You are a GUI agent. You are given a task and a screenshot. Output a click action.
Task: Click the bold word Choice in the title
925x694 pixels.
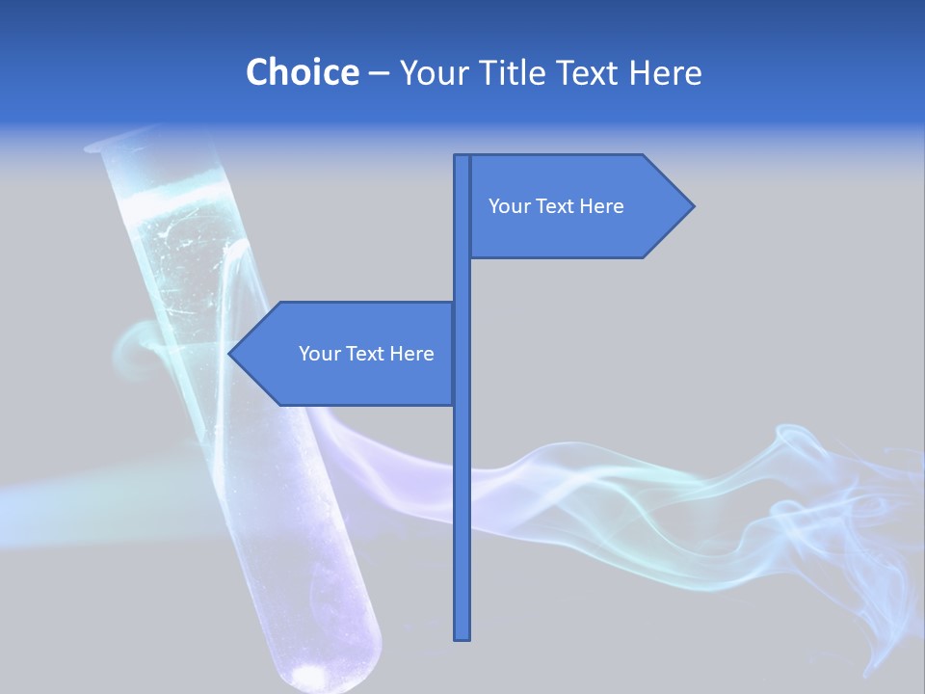pyautogui.click(x=302, y=72)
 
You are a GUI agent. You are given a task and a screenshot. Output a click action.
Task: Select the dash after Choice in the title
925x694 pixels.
pyautogui.click(x=379, y=74)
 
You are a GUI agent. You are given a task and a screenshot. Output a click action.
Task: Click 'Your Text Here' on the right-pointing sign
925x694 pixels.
pyautogui.click(x=556, y=206)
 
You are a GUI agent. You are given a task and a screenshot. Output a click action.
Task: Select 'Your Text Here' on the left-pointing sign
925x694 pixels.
pyautogui.click(x=366, y=354)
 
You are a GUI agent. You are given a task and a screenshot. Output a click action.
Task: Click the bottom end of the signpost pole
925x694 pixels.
pyautogui.click(x=462, y=636)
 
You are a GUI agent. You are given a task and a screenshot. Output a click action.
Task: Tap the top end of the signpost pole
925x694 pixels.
pyautogui.click(x=462, y=157)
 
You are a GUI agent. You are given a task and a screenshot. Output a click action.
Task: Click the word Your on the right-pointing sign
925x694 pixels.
pyautogui.click(x=509, y=206)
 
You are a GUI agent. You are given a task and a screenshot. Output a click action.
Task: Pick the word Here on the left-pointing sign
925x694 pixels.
pyautogui.click(x=411, y=354)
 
